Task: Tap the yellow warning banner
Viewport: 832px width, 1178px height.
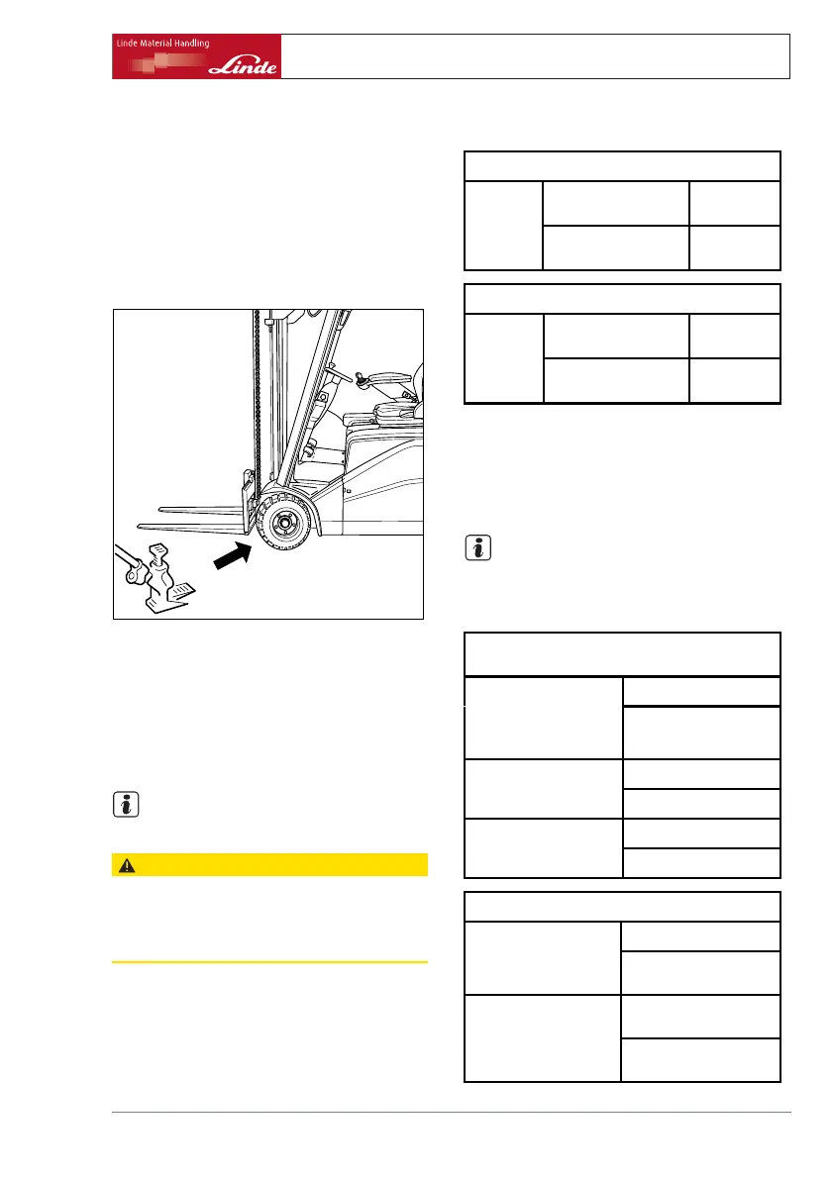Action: (x=269, y=864)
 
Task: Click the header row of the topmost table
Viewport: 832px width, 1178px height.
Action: (x=622, y=165)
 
